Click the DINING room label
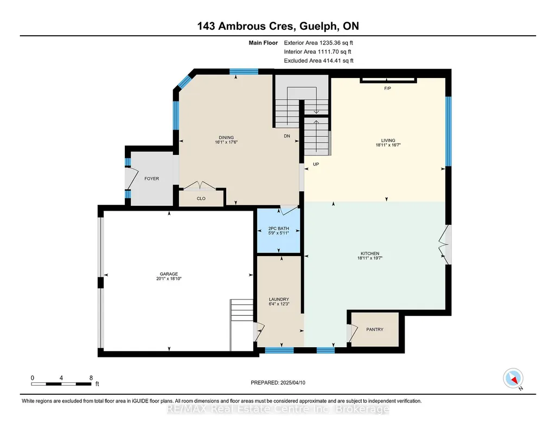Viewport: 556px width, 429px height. (x=226, y=138)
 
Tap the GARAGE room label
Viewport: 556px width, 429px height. (x=169, y=274)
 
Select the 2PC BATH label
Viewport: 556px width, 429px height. (x=279, y=229)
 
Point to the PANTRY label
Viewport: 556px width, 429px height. (x=375, y=329)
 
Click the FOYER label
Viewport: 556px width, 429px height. (x=152, y=179)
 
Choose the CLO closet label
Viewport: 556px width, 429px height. (x=201, y=199)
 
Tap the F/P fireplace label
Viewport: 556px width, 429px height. (x=387, y=88)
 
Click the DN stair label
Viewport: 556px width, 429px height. (x=287, y=136)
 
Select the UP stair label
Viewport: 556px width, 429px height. (x=316, y=164)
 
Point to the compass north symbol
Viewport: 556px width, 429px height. (x=513, y=379)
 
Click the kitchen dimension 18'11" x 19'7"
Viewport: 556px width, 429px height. (x=370, y=258)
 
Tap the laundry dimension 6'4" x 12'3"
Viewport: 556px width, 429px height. (x=279, y=304)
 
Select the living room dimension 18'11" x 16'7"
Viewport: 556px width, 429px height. (x=388, y=145)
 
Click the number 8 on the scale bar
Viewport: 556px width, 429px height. (x=91, y=378)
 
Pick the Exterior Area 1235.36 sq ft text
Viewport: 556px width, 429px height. (x=318, y=43)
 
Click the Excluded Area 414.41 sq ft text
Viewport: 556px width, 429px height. (x=319, y=61)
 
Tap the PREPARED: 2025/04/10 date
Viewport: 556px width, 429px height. (x=278, y=382)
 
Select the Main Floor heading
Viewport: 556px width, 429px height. (x=263, y=43)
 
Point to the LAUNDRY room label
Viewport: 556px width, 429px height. (x=279, y=299)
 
